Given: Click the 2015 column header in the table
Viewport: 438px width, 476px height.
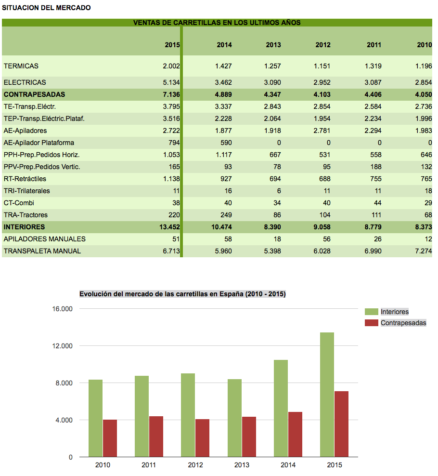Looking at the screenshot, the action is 172,45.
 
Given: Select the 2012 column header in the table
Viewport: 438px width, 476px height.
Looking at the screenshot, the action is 323,45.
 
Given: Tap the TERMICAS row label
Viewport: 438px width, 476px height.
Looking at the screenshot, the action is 21,66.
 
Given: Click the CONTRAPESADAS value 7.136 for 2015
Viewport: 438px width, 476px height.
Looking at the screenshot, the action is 171,94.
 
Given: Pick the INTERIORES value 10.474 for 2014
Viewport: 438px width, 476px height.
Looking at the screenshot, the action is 221,227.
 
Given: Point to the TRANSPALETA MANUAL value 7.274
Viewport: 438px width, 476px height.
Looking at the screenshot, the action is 424,251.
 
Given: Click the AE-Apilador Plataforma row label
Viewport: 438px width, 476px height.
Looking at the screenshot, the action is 39,143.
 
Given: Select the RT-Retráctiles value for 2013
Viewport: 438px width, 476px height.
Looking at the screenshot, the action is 275,179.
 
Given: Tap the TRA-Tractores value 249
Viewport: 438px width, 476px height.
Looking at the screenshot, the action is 226,215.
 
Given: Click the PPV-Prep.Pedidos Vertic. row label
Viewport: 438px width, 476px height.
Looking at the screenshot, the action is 42,167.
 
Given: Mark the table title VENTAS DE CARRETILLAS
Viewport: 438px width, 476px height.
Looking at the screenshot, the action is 217,23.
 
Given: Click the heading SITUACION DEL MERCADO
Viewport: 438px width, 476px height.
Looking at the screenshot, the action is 46,8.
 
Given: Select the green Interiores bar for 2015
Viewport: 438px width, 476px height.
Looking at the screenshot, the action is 327,395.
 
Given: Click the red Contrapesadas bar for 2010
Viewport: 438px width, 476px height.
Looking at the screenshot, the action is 110,438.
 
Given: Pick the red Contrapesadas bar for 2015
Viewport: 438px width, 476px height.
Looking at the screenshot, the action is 342,424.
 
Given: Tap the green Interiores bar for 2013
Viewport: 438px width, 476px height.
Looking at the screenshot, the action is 234,418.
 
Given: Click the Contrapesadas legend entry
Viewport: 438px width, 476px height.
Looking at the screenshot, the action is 396,323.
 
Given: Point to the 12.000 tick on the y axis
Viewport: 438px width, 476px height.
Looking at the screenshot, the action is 62,346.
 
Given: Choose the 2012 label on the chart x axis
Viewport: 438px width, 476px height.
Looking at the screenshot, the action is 195,465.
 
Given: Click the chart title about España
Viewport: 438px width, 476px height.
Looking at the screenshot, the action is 182,294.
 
